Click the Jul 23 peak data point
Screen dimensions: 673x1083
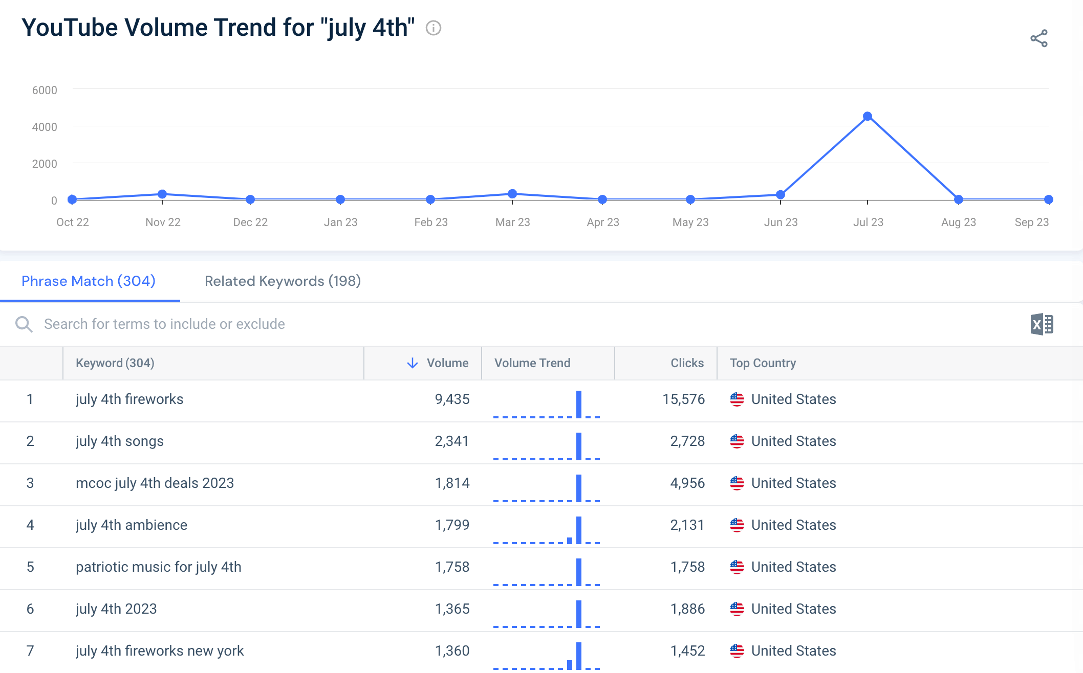point(868,117)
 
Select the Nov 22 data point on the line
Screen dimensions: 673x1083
point(162,194)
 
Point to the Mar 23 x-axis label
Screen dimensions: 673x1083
point(512,222)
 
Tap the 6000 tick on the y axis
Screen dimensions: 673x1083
point(45,91)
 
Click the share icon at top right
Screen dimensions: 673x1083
point(1039,38)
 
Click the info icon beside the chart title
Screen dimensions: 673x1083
point(434,28)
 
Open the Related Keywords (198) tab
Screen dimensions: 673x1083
point(283,281)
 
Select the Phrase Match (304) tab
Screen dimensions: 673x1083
point(89,281)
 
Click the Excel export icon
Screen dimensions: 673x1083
point(1042,324)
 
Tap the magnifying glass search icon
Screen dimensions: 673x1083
point(24,324)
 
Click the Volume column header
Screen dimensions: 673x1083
point(447,363)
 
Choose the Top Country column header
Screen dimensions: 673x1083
point(763,363)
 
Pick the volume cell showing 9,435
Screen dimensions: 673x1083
point(452,399)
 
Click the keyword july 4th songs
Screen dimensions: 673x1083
point(120,441)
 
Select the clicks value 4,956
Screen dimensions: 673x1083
point(687,483)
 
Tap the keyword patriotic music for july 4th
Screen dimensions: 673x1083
point(159,567)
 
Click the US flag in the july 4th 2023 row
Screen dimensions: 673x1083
point(737,609)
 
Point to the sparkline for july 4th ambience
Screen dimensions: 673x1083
point(547,530)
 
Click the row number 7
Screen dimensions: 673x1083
point(30,651)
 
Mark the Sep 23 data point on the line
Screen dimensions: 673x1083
point(1049,199)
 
